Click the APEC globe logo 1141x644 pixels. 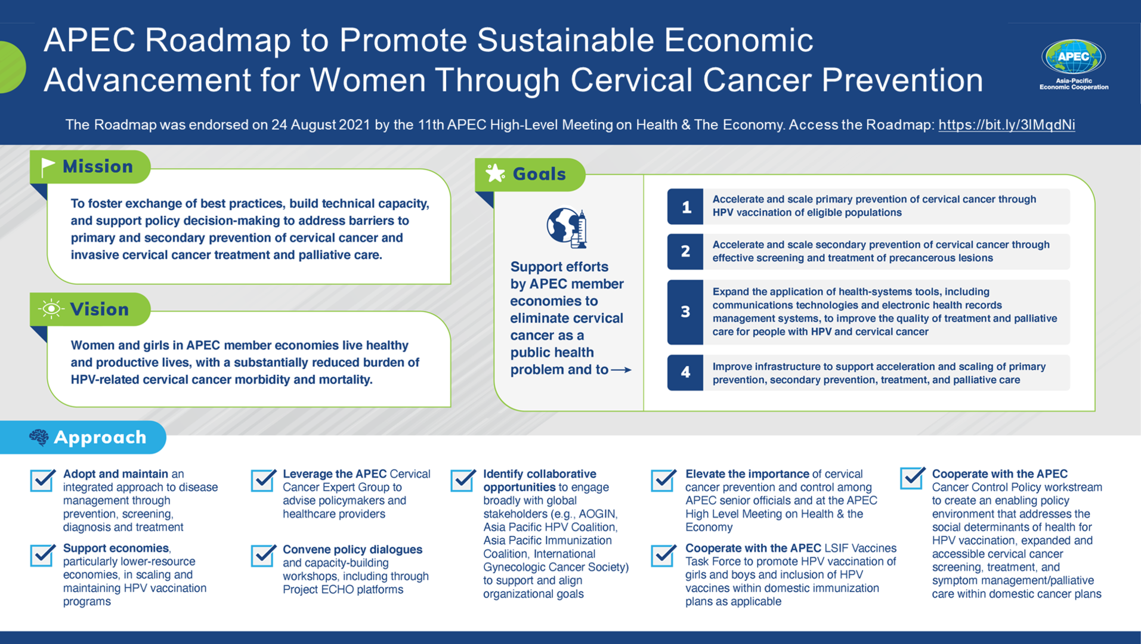(1073, 57)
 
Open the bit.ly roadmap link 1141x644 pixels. (1006, 125)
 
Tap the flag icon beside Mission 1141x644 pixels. (48, 167)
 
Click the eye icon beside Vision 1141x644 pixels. (51, 309)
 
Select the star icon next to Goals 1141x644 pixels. (495, 174)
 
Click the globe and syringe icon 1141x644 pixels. (567, 227)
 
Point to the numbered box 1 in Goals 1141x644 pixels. (685, 206)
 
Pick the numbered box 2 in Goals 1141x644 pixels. (685, 251)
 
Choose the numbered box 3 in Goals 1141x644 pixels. (685, 312)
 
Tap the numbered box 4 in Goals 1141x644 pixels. (685, 373)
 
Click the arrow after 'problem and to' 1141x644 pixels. (621, 370)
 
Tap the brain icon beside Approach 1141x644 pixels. (39, 437)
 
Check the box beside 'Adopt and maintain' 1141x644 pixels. (43, 480)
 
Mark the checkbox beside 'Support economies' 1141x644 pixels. (43, 555)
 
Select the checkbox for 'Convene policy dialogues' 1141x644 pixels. (263, 555)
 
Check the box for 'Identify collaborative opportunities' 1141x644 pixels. (463, 480)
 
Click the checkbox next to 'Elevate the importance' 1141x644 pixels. (663, 480)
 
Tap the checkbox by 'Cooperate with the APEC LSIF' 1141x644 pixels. (663, 555)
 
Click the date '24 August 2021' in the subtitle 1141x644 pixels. (320, 125)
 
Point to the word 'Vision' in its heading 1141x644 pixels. (99, 309)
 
